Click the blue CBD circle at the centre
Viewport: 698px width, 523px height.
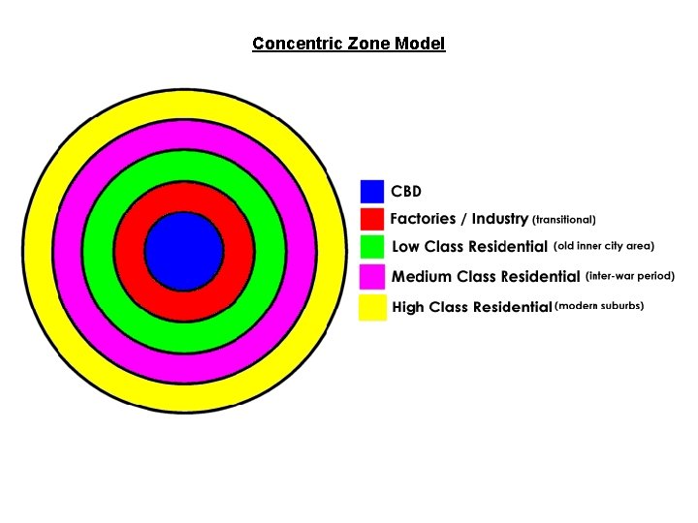(x=184, y=249)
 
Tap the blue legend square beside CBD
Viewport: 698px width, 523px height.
(x=372, y=191)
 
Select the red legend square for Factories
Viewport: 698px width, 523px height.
(x=372, y=220)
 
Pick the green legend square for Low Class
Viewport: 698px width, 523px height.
(x=372, y=248)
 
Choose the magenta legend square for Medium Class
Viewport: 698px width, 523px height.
(x=372, y=277)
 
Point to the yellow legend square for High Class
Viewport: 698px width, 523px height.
(x=372, y=307)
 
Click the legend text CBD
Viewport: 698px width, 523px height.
(x=406, y=191)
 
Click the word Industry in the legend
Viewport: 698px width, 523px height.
(x=499, y=220)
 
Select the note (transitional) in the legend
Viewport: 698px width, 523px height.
(x=563, y=220)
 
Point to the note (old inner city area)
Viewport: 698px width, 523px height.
(x=604, y=246)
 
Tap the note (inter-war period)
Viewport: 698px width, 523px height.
(x=630, y=276)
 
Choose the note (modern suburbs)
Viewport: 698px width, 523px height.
(x=599, y=306)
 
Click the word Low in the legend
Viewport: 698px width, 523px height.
(x=405, y=248)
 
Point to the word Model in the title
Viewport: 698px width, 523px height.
(x=420, y=44)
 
